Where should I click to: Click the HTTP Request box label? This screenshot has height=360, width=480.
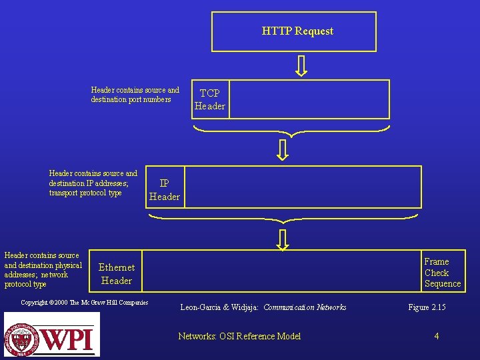point(297,31)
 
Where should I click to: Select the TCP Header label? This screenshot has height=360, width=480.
point(210,99)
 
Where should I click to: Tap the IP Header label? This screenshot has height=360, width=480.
point(164,190)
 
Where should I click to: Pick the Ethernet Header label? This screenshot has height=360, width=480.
point(117,274)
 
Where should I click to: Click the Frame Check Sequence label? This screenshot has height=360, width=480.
point(442,273)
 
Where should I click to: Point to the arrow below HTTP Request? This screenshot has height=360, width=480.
point(301,65)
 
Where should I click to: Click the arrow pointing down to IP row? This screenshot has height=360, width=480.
point(283,149)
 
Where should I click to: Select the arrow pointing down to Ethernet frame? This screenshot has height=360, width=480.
point(283,239)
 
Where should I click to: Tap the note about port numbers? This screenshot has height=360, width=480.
point(135,95)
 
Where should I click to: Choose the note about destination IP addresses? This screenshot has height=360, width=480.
point(93,183)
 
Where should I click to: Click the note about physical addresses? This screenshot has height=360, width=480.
point(43,269)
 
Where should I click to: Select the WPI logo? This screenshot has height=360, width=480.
point(52,335)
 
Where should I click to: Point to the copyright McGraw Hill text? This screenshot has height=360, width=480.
point(85,303)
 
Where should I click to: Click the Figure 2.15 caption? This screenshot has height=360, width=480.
point(427,307)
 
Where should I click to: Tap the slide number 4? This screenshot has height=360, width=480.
point(437,336)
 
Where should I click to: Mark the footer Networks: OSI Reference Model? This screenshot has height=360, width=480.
point(239,336)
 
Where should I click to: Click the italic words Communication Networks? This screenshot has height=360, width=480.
point(305,307)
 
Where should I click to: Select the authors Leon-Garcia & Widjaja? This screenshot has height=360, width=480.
point(219,307)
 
